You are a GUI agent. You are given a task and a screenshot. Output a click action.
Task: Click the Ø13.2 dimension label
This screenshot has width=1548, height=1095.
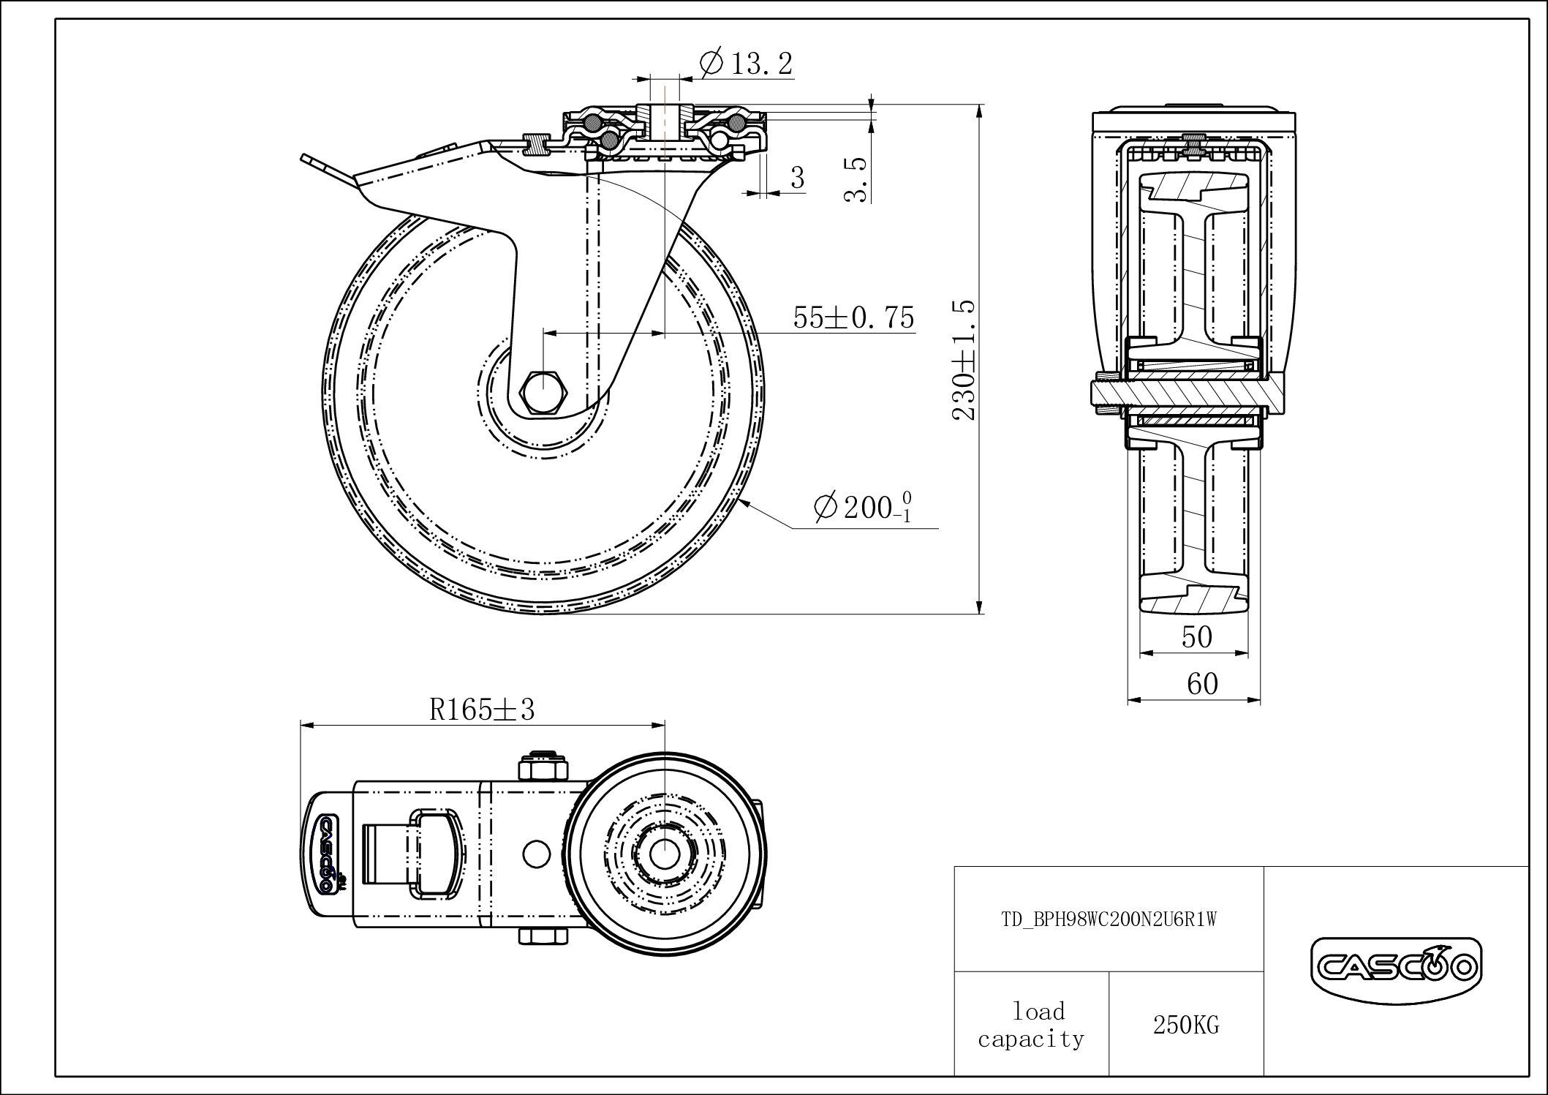(747, 64)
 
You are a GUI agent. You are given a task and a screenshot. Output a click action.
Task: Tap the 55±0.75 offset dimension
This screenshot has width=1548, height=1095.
(853, 317)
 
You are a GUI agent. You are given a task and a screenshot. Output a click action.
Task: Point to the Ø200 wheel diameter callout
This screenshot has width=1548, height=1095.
(863, 507)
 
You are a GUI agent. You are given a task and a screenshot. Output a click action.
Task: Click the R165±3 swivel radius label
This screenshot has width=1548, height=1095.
(482, 709)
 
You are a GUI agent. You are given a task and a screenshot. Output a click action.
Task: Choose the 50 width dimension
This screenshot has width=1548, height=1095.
(1197, 637)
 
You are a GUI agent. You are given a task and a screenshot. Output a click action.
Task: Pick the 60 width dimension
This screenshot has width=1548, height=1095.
(1202, 684)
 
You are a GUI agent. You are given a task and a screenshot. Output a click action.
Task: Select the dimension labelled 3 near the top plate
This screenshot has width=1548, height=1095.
(798, 177)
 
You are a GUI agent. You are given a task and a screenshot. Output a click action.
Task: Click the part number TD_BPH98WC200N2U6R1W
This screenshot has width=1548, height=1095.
(1109, 919)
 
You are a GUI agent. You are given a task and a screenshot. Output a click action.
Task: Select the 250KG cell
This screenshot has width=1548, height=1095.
(1186, 1026)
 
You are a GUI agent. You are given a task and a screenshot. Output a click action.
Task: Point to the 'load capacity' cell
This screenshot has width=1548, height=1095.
(1031, 1025)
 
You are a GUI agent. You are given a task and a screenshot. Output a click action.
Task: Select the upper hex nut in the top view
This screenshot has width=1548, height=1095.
(543, 769)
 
